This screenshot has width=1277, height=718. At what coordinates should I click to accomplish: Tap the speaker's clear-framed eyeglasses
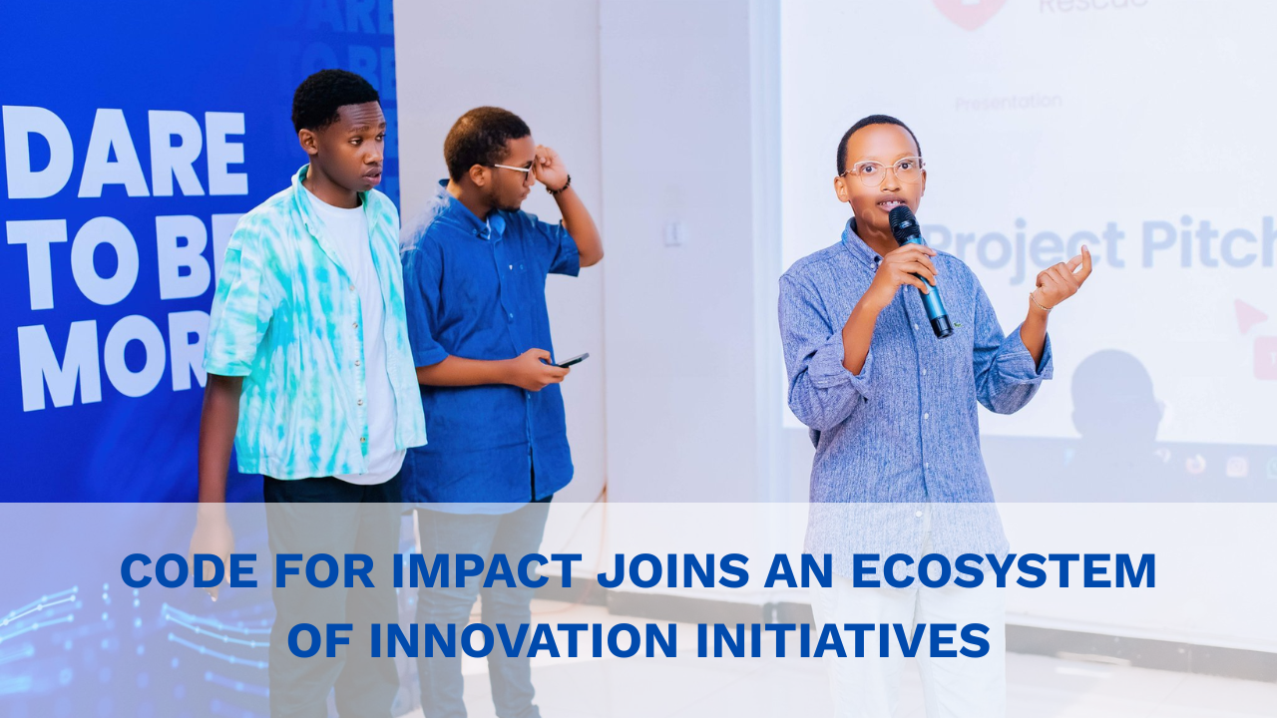pyautogui.click(x=881, y=171)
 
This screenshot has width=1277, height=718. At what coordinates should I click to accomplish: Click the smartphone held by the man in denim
pyautogui.click(x=573, y=360)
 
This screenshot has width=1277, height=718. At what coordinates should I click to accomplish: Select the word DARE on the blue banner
pyautogui.click(x=125, y=154)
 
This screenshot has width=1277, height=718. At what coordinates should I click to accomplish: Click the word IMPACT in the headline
pyautogui.click(x=487, y=571)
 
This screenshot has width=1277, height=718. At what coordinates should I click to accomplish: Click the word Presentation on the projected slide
pyautogui.click(x=1008, y=102)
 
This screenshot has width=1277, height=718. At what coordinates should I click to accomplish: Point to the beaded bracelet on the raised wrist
pyautogui.click(x=560, y=186)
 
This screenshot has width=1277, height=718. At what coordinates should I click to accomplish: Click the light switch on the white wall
pyautogui.click(x=673, y=232)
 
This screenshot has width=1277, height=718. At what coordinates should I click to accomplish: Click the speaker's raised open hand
pyautogui.click(x=1063, y=278)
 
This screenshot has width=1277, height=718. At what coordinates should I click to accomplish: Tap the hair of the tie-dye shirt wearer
pyautogui.click(x=333, y=95)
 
